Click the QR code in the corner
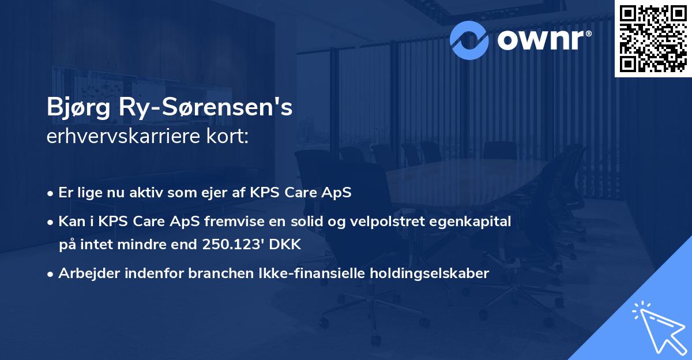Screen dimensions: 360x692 click(653, 38)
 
